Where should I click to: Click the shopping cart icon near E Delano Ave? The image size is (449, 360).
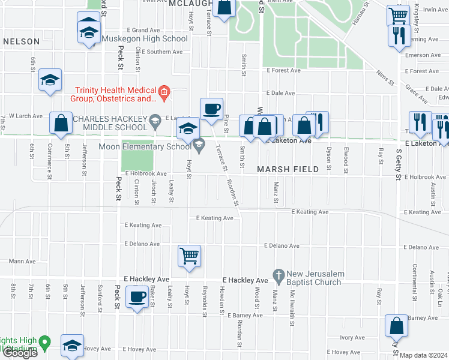[x=189, y=256]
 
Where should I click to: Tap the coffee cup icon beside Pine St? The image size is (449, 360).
[x=211, y=109]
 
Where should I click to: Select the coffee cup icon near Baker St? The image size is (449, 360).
[x=137, y=296]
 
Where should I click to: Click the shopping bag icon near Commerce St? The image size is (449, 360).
[x=61, y=123]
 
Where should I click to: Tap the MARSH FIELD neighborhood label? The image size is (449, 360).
[x=288, y=170]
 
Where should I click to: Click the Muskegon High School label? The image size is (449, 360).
[x=144, y=38]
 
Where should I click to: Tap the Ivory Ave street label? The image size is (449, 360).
[x=352, y=338]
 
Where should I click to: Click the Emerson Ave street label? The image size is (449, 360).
[x=425, y=55]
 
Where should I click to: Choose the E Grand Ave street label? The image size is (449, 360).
[x=141, y=29]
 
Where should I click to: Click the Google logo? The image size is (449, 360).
[x=19, y=353]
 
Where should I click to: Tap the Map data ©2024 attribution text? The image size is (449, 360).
[x=423, y=355]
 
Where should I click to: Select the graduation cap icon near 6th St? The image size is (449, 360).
[x=50, y=80]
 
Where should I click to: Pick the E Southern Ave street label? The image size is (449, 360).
[x=155, y=52]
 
